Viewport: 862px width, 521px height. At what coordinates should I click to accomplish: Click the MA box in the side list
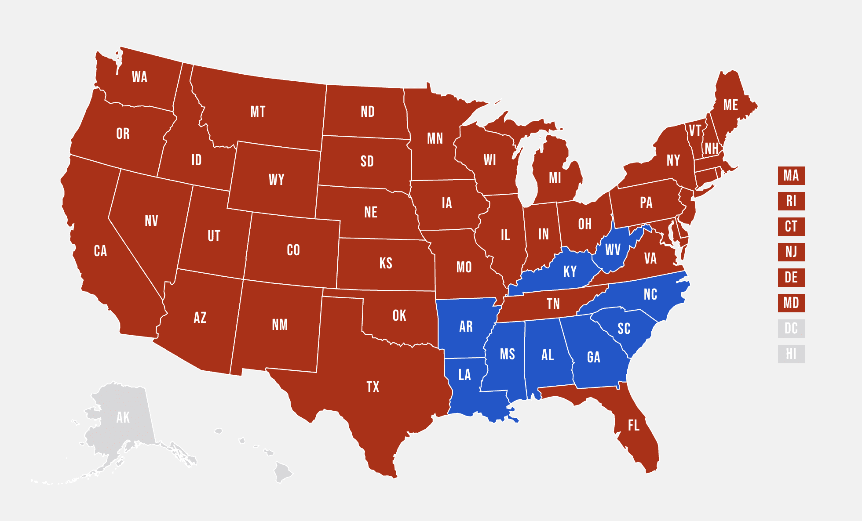tap(791, 176)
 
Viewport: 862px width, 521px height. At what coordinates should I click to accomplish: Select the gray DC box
tap(791, 329)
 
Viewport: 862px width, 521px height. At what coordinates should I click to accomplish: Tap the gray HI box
tap(791, 354)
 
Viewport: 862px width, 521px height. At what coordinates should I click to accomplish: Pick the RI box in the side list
tap(791, 201)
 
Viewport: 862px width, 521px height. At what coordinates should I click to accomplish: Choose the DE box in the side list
tap(791, 278)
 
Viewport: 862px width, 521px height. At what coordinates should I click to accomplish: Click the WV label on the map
tap(613, 250)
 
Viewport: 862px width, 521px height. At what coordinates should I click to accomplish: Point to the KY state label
tap(570, 271)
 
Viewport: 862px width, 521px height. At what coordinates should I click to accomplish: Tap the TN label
tap(553, 304)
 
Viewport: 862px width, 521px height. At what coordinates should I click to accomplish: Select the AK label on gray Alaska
tap(123, 417)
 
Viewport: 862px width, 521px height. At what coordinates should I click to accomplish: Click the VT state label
tap(695, 130)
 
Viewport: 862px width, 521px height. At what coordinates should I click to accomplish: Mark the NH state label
tap(711, 148)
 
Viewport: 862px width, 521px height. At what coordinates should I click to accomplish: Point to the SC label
tap(624, 329)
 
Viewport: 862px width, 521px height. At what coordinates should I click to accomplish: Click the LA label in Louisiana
tap(464, 375)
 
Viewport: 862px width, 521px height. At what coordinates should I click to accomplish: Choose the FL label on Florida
tap(633, 425)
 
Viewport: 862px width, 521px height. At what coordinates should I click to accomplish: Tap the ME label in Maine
tap(731, 105)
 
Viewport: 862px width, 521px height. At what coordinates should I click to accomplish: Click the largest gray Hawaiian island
tap(283, 472)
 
